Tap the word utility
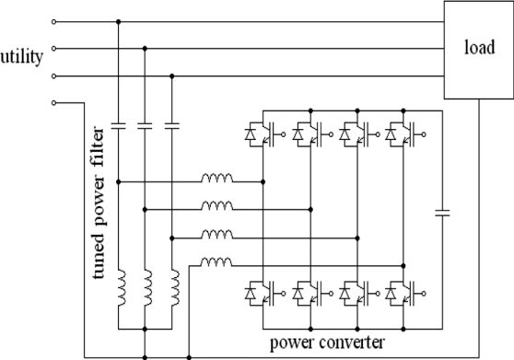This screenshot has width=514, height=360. (22, 58)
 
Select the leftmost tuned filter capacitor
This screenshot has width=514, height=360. (119, 122)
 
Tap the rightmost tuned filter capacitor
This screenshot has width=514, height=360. (171, 122)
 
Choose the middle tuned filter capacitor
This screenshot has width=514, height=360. (145, 122)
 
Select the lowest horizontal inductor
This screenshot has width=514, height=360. (216, 263)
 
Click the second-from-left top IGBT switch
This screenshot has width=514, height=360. (309, 135)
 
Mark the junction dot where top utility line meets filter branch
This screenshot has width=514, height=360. (119, 21)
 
